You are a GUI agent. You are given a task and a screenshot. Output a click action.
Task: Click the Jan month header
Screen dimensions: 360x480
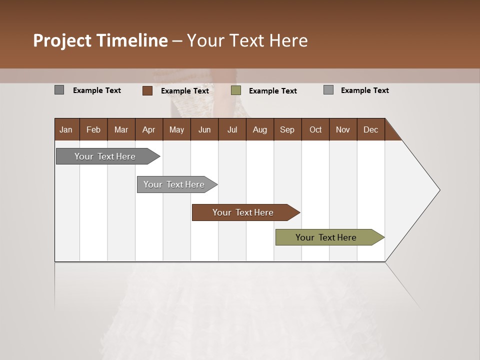pyautogui.click(x=66, y=129)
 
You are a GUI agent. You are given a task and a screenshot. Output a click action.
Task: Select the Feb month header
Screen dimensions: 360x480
pyautogui.click(x=93, y=129)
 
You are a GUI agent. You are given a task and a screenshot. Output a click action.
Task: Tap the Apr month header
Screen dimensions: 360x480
pyautogui.click(x=148, y=129)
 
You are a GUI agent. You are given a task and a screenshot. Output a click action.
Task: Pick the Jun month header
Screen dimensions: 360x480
pyautogui.click(x=204, y=129)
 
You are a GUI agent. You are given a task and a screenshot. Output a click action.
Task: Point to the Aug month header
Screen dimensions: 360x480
pyautogui.click(x=260, y=129)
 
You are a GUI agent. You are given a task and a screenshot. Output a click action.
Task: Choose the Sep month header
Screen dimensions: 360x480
pyautogui.click(x=287, y=129)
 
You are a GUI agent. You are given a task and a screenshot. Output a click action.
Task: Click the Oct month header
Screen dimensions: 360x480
pyautogui.click(x=315, y=129)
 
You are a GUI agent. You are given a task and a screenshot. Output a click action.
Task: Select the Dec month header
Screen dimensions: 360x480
pyautogui.click(x=371, y=129)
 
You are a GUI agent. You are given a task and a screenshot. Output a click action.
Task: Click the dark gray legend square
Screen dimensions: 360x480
pyautogui.click(x=59, y=90)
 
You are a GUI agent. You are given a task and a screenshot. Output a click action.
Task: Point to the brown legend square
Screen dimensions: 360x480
pyautogui.click(x=147, y=90)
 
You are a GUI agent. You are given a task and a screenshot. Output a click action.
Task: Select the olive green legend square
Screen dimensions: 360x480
pyautogui.click(x=236, y=90)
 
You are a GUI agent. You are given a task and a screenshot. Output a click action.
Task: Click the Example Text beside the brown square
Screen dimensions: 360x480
pyautogui.click(x=185, y=91)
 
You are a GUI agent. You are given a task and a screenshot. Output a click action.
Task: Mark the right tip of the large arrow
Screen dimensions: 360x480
pyautogui.click(x=439, y=189)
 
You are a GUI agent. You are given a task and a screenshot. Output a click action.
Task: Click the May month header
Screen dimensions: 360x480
pyautogui.click(x=176, y=129)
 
